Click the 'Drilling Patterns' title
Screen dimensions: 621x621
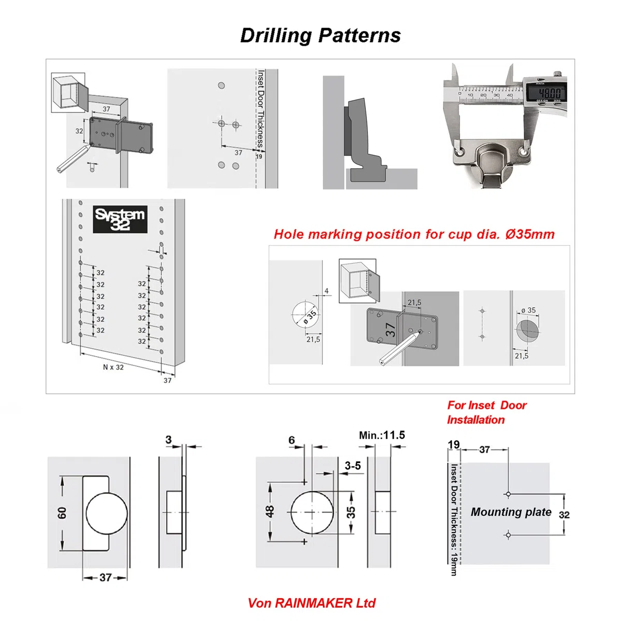coord(320,36)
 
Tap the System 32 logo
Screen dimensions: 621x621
coord(120,219)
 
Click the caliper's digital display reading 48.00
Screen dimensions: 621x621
coord(547,94)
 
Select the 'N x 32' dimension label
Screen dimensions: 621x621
coord(113,367)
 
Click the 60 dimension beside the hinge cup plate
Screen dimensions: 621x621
coord(62,513)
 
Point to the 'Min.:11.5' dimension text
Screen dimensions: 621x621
coord(382,435)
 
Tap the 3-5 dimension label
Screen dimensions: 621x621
coord(353,466)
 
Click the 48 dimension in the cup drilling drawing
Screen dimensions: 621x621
coord(270,511)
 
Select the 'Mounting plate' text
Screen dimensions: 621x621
coord(511,512)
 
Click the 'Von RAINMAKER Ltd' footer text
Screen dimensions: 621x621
coord(312,603)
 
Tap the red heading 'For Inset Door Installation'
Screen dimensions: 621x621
coord(486,412)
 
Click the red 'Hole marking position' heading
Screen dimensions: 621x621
coord(414,234)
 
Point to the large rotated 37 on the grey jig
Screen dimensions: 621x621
coord(390,330)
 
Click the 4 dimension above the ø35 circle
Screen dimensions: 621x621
coord(327,291)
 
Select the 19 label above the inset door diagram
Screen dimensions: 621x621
coord(454,445)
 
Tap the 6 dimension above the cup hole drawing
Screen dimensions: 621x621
coord(292,440)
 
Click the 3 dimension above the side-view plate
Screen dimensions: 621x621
coord(169,439)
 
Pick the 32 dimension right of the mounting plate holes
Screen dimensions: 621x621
coord(564,514)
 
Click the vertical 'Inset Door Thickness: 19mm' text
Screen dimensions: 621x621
coord(454,520)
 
